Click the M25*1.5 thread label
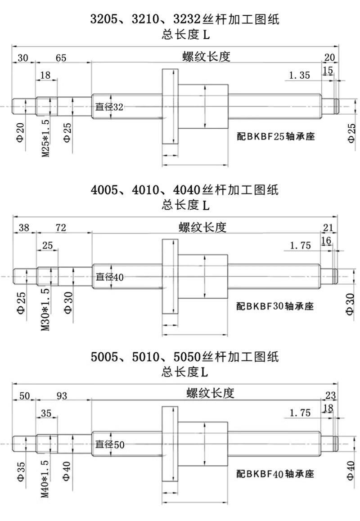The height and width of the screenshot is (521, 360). coord(46,138)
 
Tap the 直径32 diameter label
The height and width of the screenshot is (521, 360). coord(109,107)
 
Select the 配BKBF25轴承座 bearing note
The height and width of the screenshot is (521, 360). coord(275,136)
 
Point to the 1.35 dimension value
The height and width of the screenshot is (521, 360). coord(300,76)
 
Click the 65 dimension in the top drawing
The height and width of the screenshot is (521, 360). coord(61,58)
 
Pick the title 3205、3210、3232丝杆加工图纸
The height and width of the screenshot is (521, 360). coord(185,19)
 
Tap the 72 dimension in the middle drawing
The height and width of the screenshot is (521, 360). coord(61,228)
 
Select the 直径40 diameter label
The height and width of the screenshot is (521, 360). coord(110,277)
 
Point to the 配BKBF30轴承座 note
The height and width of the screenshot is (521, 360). coord(275,305)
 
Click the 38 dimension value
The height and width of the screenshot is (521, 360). coord(24,228)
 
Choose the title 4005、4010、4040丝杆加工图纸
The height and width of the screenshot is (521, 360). coord(184,190)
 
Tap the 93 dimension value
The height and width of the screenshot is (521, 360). coord(62,396)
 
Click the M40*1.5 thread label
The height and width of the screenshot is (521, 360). coord(46,479)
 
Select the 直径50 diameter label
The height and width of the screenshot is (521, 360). coord(110,445)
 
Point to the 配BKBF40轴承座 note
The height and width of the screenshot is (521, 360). coord(275,473)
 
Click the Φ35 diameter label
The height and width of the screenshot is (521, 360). coord(21,472)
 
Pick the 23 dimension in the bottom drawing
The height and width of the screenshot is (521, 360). coord(330,395)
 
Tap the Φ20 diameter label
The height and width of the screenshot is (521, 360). coord(21,132)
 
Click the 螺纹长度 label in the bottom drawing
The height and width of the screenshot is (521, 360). coord(210,393)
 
